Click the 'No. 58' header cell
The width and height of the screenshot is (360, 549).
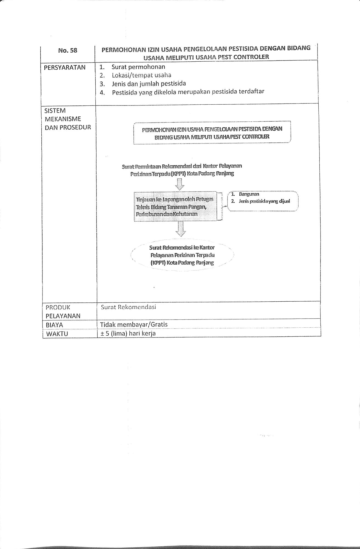[68, 50]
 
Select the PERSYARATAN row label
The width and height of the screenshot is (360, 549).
[65, 67]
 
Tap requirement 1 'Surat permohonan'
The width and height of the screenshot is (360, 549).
[138, 67]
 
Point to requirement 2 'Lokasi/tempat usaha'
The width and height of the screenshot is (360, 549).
[141, 75]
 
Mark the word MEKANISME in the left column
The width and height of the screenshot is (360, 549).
[63, 119]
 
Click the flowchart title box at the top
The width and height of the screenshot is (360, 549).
[212, 133]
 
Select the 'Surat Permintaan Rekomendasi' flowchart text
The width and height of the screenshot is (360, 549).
[182, 170]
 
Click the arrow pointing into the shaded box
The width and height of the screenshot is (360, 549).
[180, 184]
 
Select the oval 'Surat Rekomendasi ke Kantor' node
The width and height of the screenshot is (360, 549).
[182, 255]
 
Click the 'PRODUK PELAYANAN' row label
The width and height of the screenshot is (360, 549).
[63, 311]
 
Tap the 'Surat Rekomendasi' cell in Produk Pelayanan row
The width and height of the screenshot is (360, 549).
[128, 307]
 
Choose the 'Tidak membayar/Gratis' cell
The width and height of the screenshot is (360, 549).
[134, 324]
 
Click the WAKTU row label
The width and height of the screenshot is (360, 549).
[57, 334]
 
